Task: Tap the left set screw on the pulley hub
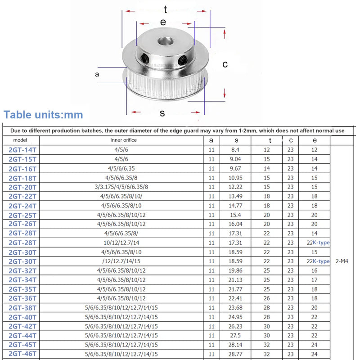pos(144,58)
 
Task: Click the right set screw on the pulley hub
pos(183,59)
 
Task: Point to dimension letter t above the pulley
pos(166,9)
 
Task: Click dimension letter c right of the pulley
pos(225,64)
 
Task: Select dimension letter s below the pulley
pos(162,113)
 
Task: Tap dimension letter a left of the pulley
pos(97,74)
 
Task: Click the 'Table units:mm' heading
pos(43,115)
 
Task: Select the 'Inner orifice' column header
pos(124,140)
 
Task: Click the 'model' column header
pos(21,140)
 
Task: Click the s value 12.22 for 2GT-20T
pos(236,187)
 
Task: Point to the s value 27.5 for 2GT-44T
pos(236,335)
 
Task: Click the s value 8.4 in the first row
pos(236,149)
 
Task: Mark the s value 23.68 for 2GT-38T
pos(236,307)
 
